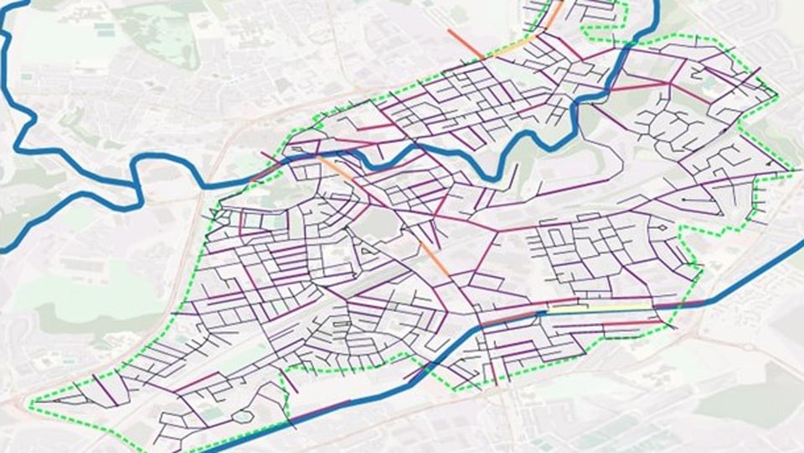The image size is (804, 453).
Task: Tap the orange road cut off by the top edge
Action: pyautogui.click(x=555, y=11)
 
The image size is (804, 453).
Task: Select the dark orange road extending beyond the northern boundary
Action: pyautogui.click(x=465, y=44)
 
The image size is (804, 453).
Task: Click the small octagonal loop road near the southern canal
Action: pyautogui.click(x=242, y=416)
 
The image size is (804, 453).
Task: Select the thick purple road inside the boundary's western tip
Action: pyautogui.click(x=105, y=388)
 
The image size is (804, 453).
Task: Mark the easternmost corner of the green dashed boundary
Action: pyautogui.click(x=791, y=174)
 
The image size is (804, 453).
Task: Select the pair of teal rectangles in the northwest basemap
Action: pyautogui.click(x=104, y=29)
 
